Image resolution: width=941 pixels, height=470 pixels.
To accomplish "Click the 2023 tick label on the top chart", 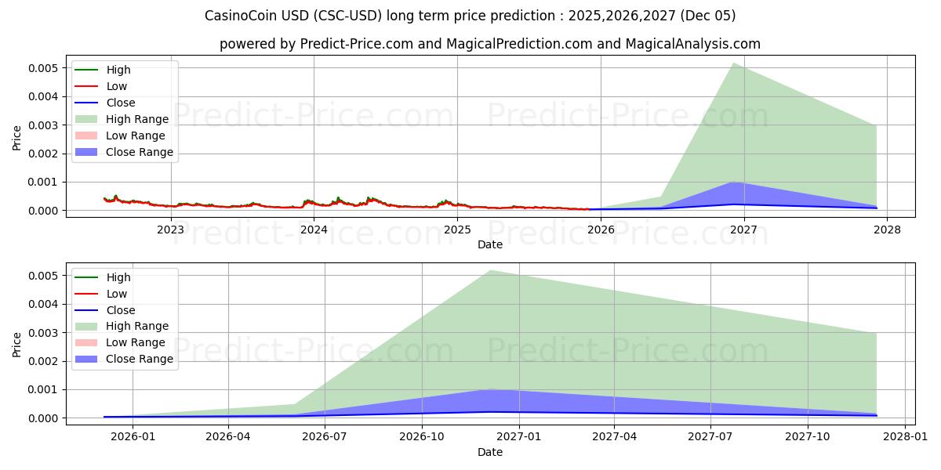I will pyautogui.click(x=170, y=230).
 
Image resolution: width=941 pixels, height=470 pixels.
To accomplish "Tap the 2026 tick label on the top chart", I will pyautogui.click(x=601, y=230).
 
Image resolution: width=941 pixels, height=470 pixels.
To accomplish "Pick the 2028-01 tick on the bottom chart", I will pyautogui.click(x=905, y=437).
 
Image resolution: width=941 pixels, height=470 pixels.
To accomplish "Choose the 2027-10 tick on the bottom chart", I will pyautogui.click(x=808, y=437).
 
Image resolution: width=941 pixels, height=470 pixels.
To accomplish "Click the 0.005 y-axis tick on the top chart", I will pyautogui.click(x=44, y=68).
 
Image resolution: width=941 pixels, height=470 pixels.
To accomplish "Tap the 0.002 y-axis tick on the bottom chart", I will pyautogui.click(x=44, y=361).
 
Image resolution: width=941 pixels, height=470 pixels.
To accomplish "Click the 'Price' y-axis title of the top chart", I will pyautogui.click(x=17, y=138).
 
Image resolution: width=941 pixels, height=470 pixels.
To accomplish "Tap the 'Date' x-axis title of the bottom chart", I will pyautogui.click(x=490, y=452).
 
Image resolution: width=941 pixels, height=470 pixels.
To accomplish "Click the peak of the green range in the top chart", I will pyautogui.click(x=733, y=63).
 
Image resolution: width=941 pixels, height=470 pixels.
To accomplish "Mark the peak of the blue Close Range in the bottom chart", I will pyautogui.click(x=489, y=389).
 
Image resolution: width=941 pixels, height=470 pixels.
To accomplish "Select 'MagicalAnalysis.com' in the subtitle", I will pyautogui.click(x=692, y=44).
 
